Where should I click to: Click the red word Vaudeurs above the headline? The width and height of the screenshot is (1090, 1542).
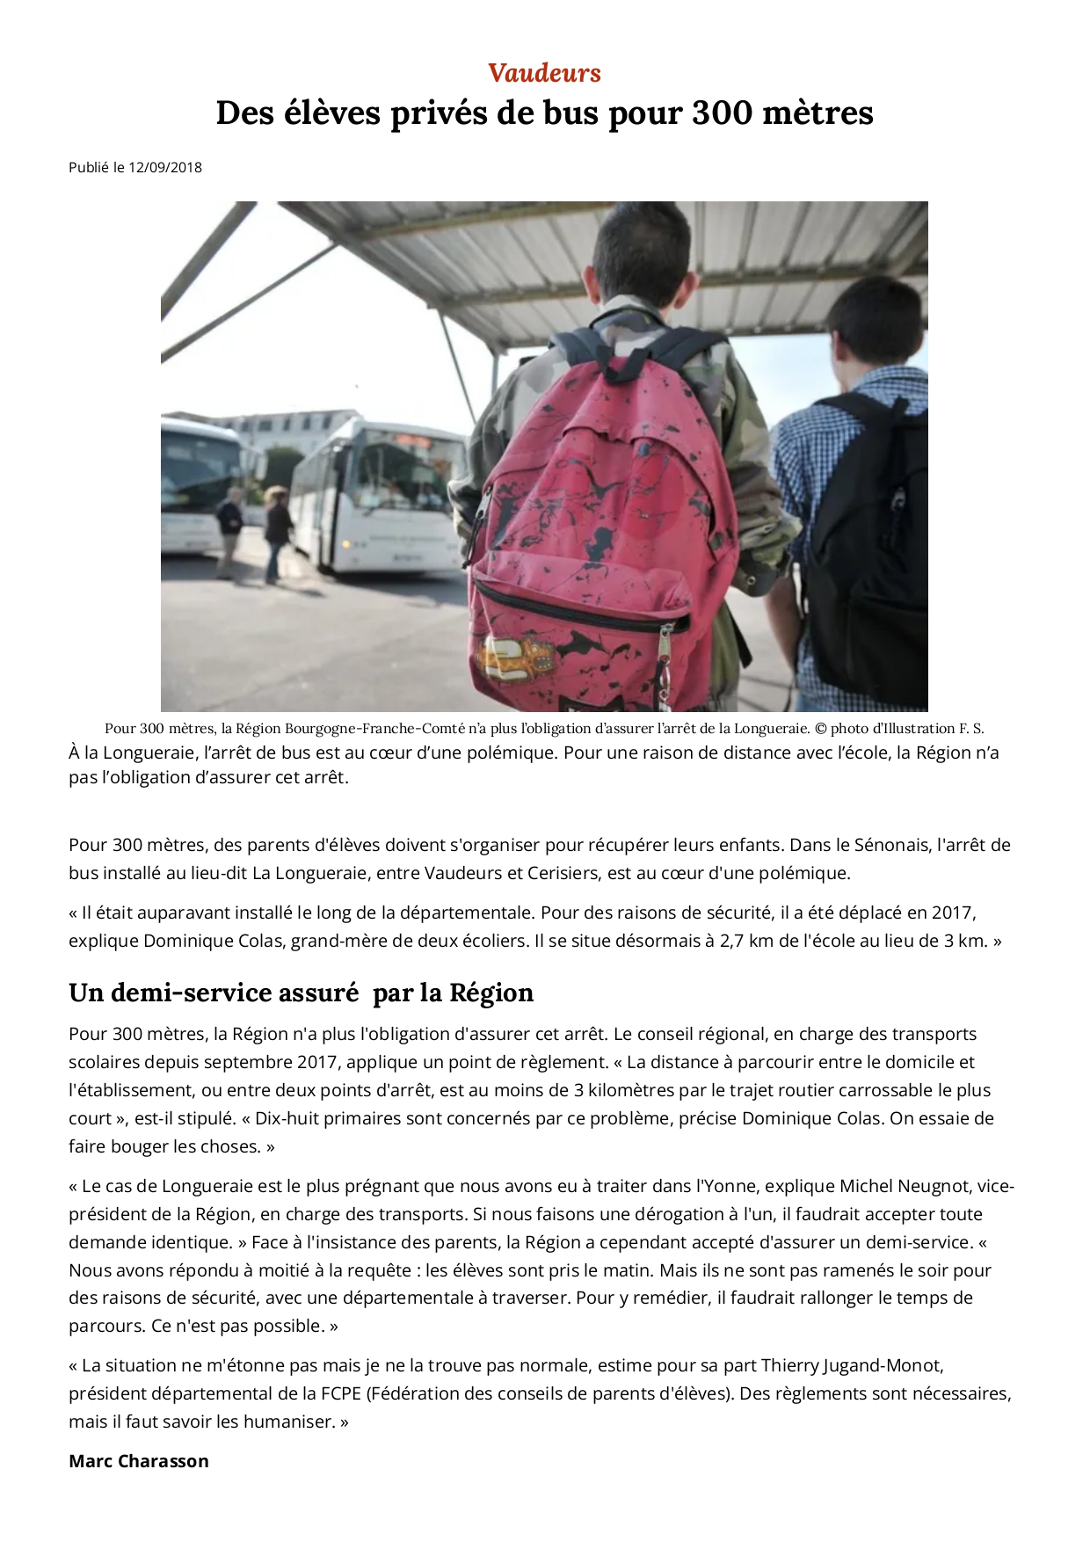point(544,73)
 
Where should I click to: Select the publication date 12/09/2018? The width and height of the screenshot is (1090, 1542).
point(165,167)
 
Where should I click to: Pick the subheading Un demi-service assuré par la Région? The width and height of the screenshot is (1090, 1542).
point(301,993)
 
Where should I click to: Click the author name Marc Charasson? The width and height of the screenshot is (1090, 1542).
point(139,1461)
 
